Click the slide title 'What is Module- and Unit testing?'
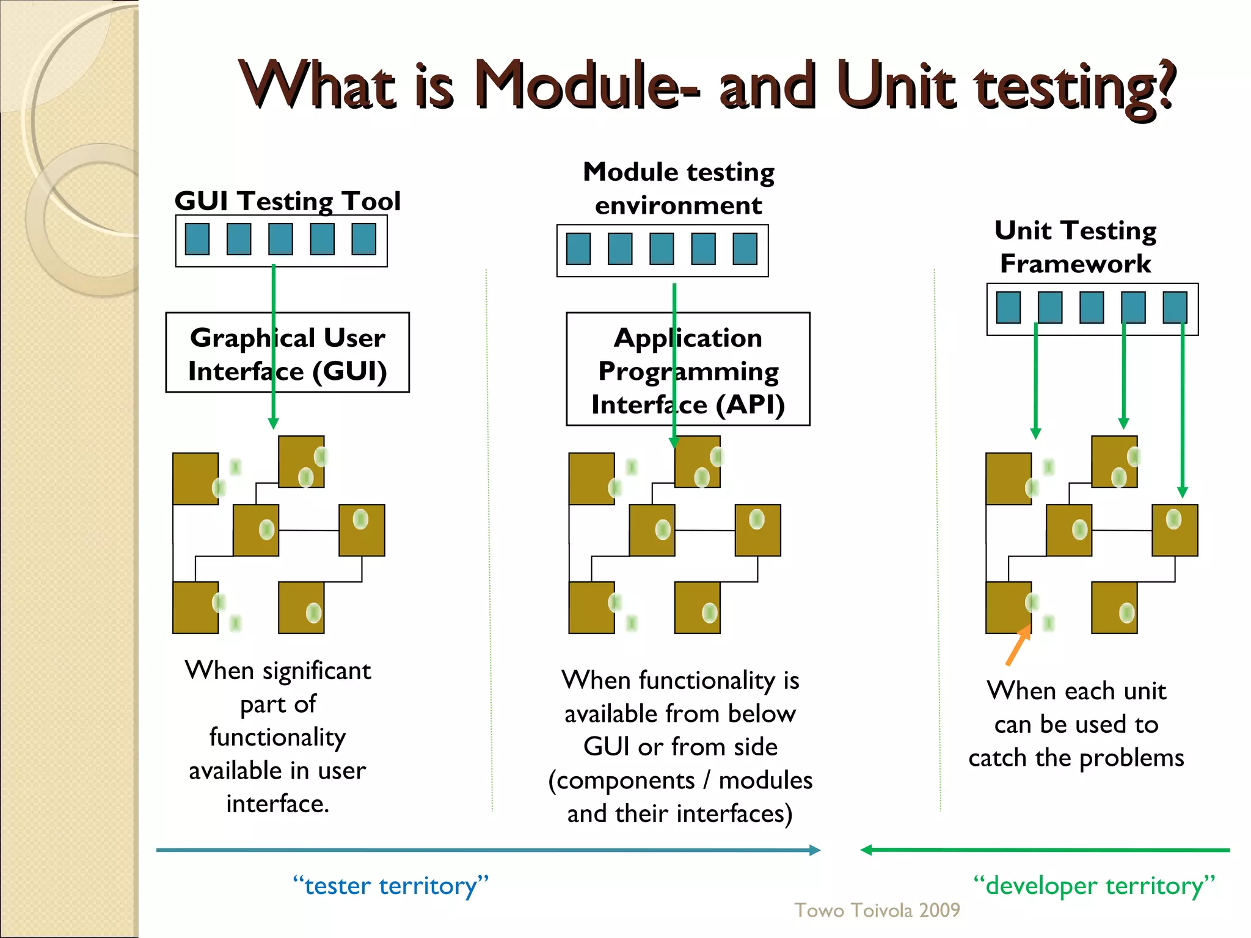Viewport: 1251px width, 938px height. click(x=707, y=85)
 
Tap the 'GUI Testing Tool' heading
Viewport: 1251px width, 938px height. click(x=287, y=201)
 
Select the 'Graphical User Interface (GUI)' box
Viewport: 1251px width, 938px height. click(x=287, y=353)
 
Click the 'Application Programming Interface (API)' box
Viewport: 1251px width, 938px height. click(x=688, y=370)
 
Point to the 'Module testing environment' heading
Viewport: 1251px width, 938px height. click(x=678, y=188)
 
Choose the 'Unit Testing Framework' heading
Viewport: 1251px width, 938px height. click(x=1075, y=247)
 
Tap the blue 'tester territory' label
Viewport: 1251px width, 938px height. click(x=391, y=885)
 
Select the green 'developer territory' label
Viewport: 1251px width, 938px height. click(x=1093, y=885)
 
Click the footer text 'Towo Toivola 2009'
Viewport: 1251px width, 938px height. click(x=877, y=910)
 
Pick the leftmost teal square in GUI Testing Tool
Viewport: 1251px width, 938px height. click(x=197, y=239)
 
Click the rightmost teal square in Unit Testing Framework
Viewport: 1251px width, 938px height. click(x=1175, y=307)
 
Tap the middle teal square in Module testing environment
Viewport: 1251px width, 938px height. click(x=662, y=249)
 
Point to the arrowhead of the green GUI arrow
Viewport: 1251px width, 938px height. click(x=274, y=423)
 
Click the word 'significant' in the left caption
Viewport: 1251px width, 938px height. click(x=316, y=671)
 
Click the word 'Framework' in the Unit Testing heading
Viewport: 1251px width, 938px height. click(x=1075, y=264)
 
